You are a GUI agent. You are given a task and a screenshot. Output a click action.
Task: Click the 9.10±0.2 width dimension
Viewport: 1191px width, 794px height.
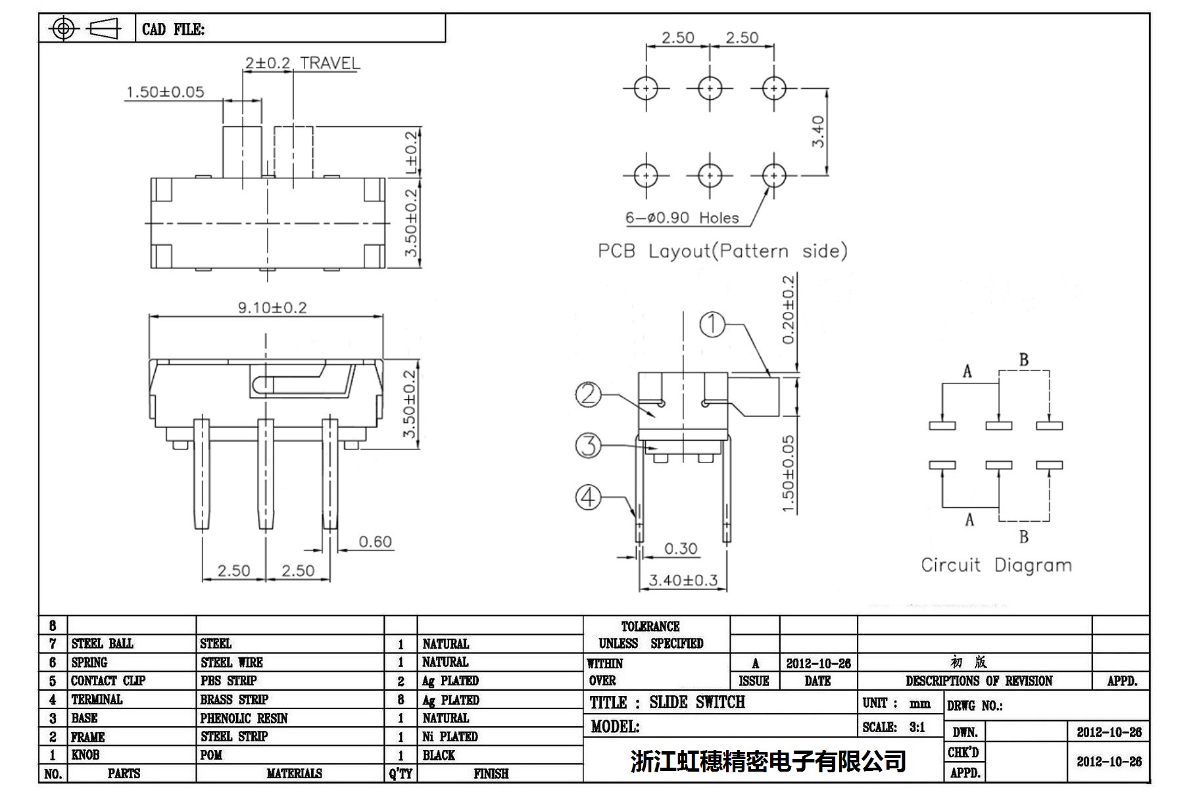click(272, 307)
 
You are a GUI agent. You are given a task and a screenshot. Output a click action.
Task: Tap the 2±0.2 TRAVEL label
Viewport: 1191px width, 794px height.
click(303, 63)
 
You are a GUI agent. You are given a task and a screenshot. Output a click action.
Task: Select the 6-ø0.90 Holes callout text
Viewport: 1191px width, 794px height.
click(682, 218)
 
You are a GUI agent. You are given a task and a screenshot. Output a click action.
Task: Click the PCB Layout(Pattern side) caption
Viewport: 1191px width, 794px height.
click(722, 251)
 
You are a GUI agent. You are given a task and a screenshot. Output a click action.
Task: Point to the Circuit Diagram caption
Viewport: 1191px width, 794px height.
click(996, 565)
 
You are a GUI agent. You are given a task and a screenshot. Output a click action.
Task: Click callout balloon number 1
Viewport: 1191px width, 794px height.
click(712, 324)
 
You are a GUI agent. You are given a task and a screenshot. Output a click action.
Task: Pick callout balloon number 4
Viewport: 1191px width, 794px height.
click(588, 497)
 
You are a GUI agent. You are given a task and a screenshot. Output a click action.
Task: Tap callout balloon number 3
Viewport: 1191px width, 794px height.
click(588, 445)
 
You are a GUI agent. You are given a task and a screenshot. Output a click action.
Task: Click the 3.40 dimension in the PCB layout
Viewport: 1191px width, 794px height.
click(817, 132)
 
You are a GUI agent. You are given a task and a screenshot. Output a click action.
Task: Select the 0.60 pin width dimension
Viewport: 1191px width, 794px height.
click(375, 541)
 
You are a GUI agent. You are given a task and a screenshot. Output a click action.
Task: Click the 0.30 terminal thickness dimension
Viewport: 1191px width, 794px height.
click(680, 549)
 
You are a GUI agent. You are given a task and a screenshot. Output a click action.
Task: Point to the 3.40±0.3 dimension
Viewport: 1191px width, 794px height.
click(683, 580)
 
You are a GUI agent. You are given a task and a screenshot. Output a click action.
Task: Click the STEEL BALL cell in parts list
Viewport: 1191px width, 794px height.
click(102, 643)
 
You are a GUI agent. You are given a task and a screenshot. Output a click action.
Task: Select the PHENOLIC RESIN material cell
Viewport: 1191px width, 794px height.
click(244, 718)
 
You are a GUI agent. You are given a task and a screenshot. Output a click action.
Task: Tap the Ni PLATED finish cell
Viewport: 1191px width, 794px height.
click(450, 736)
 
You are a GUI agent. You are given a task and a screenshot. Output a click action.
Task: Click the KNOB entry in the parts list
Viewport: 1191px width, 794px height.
click(85, 755)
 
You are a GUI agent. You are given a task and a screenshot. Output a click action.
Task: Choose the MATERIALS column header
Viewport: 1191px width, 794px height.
click(294, 774)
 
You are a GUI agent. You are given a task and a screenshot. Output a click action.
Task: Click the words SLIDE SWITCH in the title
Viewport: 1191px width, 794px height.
click(697, 703)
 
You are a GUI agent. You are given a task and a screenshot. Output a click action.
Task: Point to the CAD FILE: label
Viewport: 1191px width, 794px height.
click(173, 30)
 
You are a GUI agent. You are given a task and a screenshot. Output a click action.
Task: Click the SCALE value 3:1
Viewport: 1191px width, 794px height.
click(917, 727)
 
